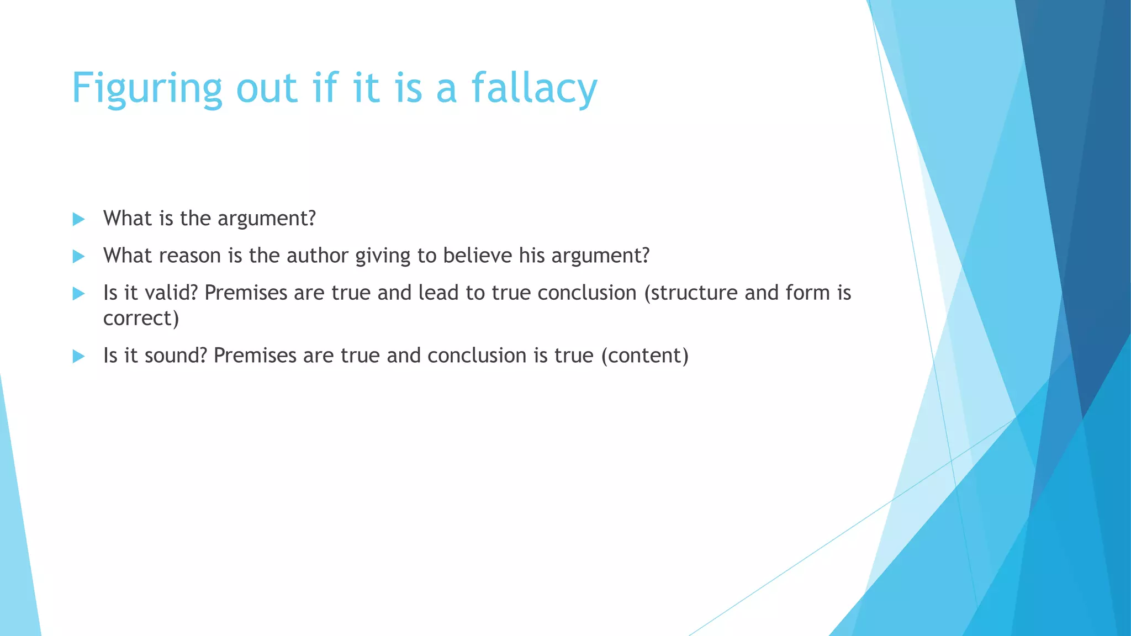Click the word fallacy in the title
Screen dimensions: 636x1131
click(534, 88)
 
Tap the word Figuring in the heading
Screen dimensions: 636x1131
click(147, 88)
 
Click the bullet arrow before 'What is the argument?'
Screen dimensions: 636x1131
click(78, 219)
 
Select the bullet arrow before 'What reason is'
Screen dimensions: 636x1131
click(78, 256)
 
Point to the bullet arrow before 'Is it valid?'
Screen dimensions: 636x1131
click(78, 293)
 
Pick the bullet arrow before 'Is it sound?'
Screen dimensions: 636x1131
click(78, 356)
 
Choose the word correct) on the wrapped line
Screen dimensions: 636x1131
click(141, 319)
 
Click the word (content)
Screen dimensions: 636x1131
click(644, 356)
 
